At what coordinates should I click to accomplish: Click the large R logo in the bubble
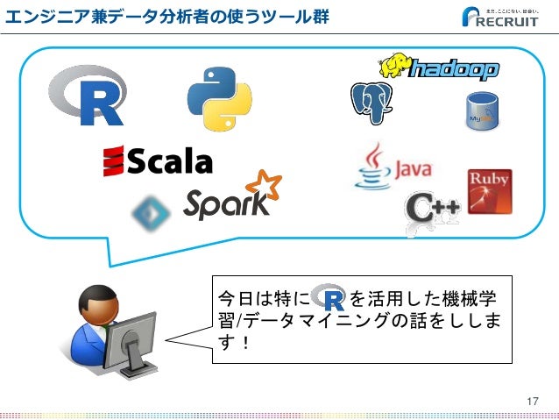tap(88, 95)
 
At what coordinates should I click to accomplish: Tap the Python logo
tap(218, 99)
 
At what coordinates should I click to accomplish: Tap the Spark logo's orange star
tap(263, 188)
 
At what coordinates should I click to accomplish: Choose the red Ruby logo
tap(489, 190)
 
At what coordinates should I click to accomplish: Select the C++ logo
tap(432, 210)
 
